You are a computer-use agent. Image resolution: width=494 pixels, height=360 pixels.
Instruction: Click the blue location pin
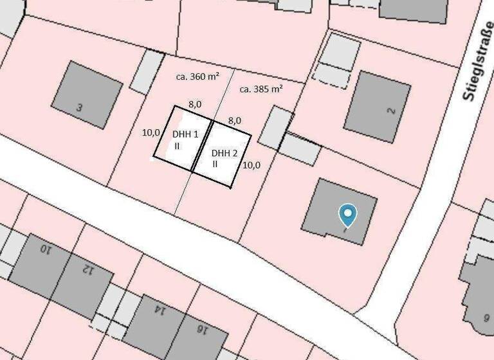348,215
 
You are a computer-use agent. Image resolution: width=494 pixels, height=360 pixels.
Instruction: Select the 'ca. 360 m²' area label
197,76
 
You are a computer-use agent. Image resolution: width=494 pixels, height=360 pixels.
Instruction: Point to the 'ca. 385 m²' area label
261,89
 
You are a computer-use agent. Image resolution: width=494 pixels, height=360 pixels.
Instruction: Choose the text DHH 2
224,153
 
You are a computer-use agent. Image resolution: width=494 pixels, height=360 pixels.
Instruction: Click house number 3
79,108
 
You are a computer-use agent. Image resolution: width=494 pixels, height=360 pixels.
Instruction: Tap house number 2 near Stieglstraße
390,110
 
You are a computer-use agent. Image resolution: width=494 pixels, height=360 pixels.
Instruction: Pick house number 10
45,248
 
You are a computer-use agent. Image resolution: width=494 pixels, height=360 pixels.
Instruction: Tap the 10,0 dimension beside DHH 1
151,133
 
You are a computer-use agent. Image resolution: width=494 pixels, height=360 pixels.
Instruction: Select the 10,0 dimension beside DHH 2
252,165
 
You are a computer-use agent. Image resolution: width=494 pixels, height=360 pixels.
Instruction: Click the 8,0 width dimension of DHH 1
195,104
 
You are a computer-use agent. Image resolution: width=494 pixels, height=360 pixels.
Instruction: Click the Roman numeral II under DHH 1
176,146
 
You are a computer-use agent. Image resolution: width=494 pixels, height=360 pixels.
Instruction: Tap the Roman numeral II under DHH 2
215,164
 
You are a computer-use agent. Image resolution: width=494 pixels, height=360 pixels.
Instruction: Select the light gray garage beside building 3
147,71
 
